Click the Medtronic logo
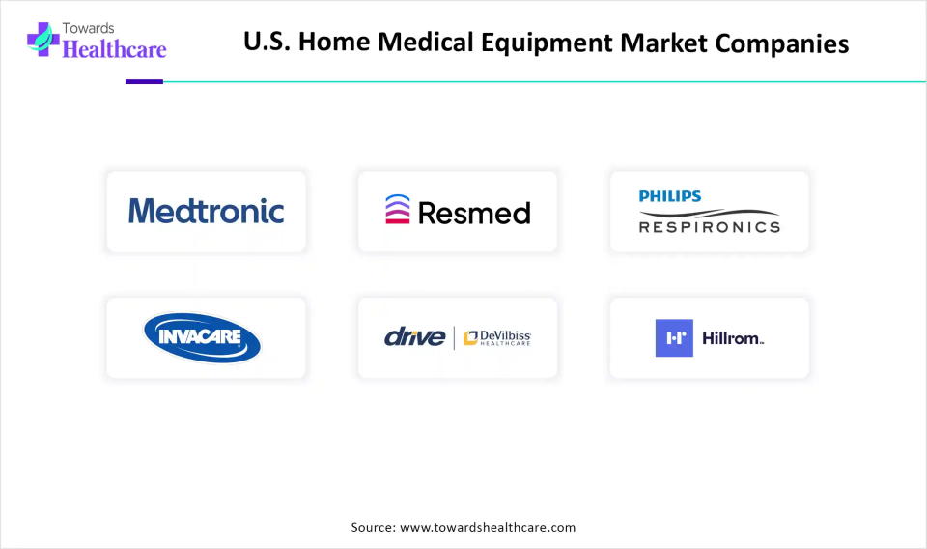(207, 212)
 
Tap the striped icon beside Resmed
(397, 210)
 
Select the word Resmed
(474, 213)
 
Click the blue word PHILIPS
(670, 196)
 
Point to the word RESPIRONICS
(710, 227)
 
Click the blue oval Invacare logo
(202, 337)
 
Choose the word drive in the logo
(414, 337)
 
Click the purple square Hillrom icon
(674, 337)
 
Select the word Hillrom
(733, 338)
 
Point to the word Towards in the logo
(88, 28)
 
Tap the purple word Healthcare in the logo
(114, 49)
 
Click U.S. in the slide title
(267, 42)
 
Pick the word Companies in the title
(781, 43)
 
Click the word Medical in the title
(426, 42)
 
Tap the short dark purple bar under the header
(144, 81)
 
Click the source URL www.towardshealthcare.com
(488, 527)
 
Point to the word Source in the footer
(374, 527)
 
